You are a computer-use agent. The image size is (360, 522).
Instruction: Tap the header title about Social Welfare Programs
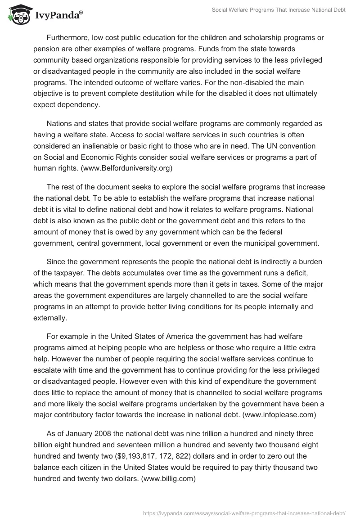point(279,10)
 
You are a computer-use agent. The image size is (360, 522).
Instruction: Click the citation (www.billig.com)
point(168,479)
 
